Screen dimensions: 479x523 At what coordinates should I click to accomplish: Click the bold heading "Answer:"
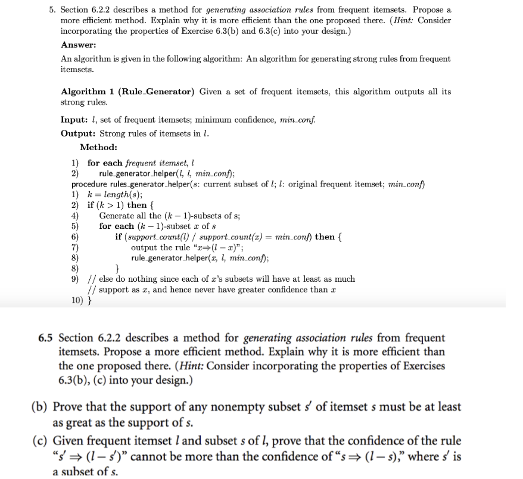(x=78, y=45)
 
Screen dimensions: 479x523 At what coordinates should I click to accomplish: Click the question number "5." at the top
(x=53, y=10)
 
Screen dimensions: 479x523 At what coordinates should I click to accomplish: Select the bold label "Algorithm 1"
(x=83, y=92)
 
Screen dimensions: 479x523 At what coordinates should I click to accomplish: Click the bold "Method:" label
(x=98, y=147)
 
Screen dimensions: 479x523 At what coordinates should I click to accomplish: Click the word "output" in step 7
(x=144, y=247)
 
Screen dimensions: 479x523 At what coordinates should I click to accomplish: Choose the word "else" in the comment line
(x=107, y=279)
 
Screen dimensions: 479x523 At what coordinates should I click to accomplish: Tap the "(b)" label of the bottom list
(x=39, y=407)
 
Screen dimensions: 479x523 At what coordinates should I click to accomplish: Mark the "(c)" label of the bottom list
(x=39, y=441)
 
